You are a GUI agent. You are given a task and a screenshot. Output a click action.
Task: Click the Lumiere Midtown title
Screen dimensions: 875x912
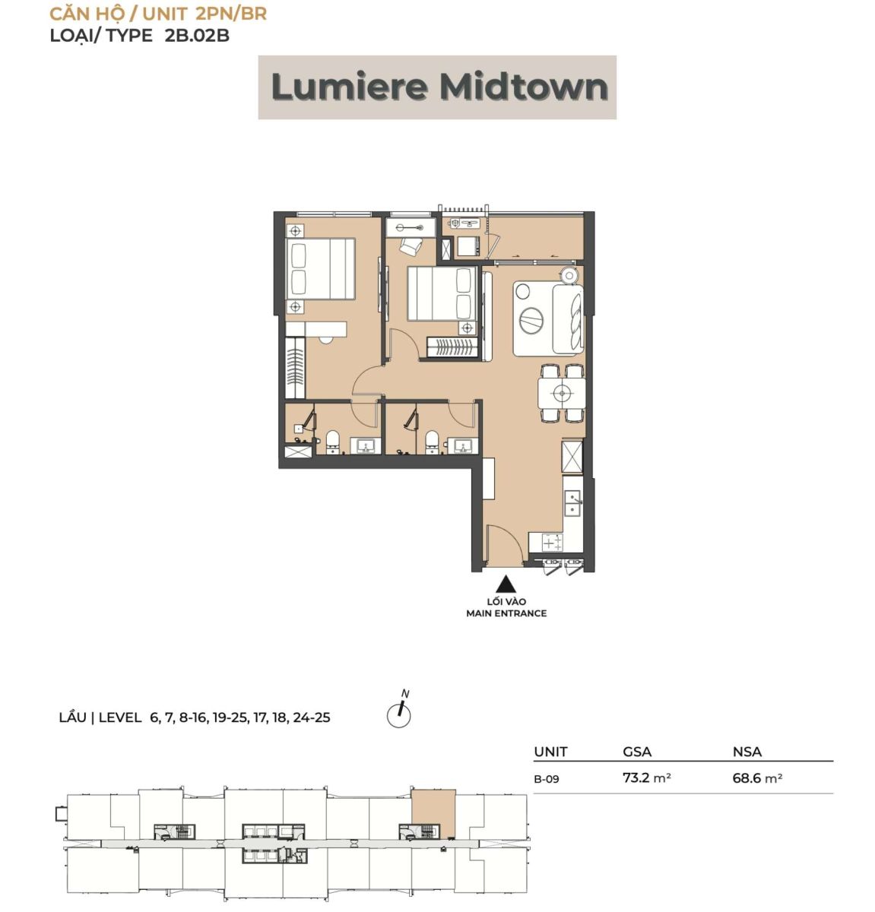439,87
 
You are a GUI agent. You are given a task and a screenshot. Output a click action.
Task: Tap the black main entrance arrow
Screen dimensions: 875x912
506,585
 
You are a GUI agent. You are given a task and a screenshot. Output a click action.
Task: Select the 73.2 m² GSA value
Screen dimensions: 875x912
647,777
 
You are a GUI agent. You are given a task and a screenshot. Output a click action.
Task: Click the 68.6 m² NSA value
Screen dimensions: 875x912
757,778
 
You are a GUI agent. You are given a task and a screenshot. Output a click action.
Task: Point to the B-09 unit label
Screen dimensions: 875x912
547,779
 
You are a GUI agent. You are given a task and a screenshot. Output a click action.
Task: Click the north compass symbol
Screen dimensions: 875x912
399,711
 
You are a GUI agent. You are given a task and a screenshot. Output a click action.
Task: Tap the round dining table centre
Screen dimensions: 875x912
561,393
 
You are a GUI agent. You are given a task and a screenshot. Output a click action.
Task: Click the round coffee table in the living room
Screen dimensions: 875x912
531,321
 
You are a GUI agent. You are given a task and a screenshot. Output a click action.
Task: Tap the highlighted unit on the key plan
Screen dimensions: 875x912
433,815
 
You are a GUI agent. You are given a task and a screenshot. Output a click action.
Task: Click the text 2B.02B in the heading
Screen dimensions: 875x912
197,36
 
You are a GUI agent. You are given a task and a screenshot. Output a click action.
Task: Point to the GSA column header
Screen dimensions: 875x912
637,752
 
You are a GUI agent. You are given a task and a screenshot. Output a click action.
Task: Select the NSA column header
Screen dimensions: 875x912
747,752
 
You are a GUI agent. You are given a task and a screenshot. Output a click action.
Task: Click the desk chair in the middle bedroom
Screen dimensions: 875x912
411,246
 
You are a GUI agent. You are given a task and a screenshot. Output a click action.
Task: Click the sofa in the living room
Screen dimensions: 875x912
568,318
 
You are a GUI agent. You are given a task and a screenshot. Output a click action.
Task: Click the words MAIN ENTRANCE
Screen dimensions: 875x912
506,613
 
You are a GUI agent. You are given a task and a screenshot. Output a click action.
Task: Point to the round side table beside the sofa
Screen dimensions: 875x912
569,276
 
